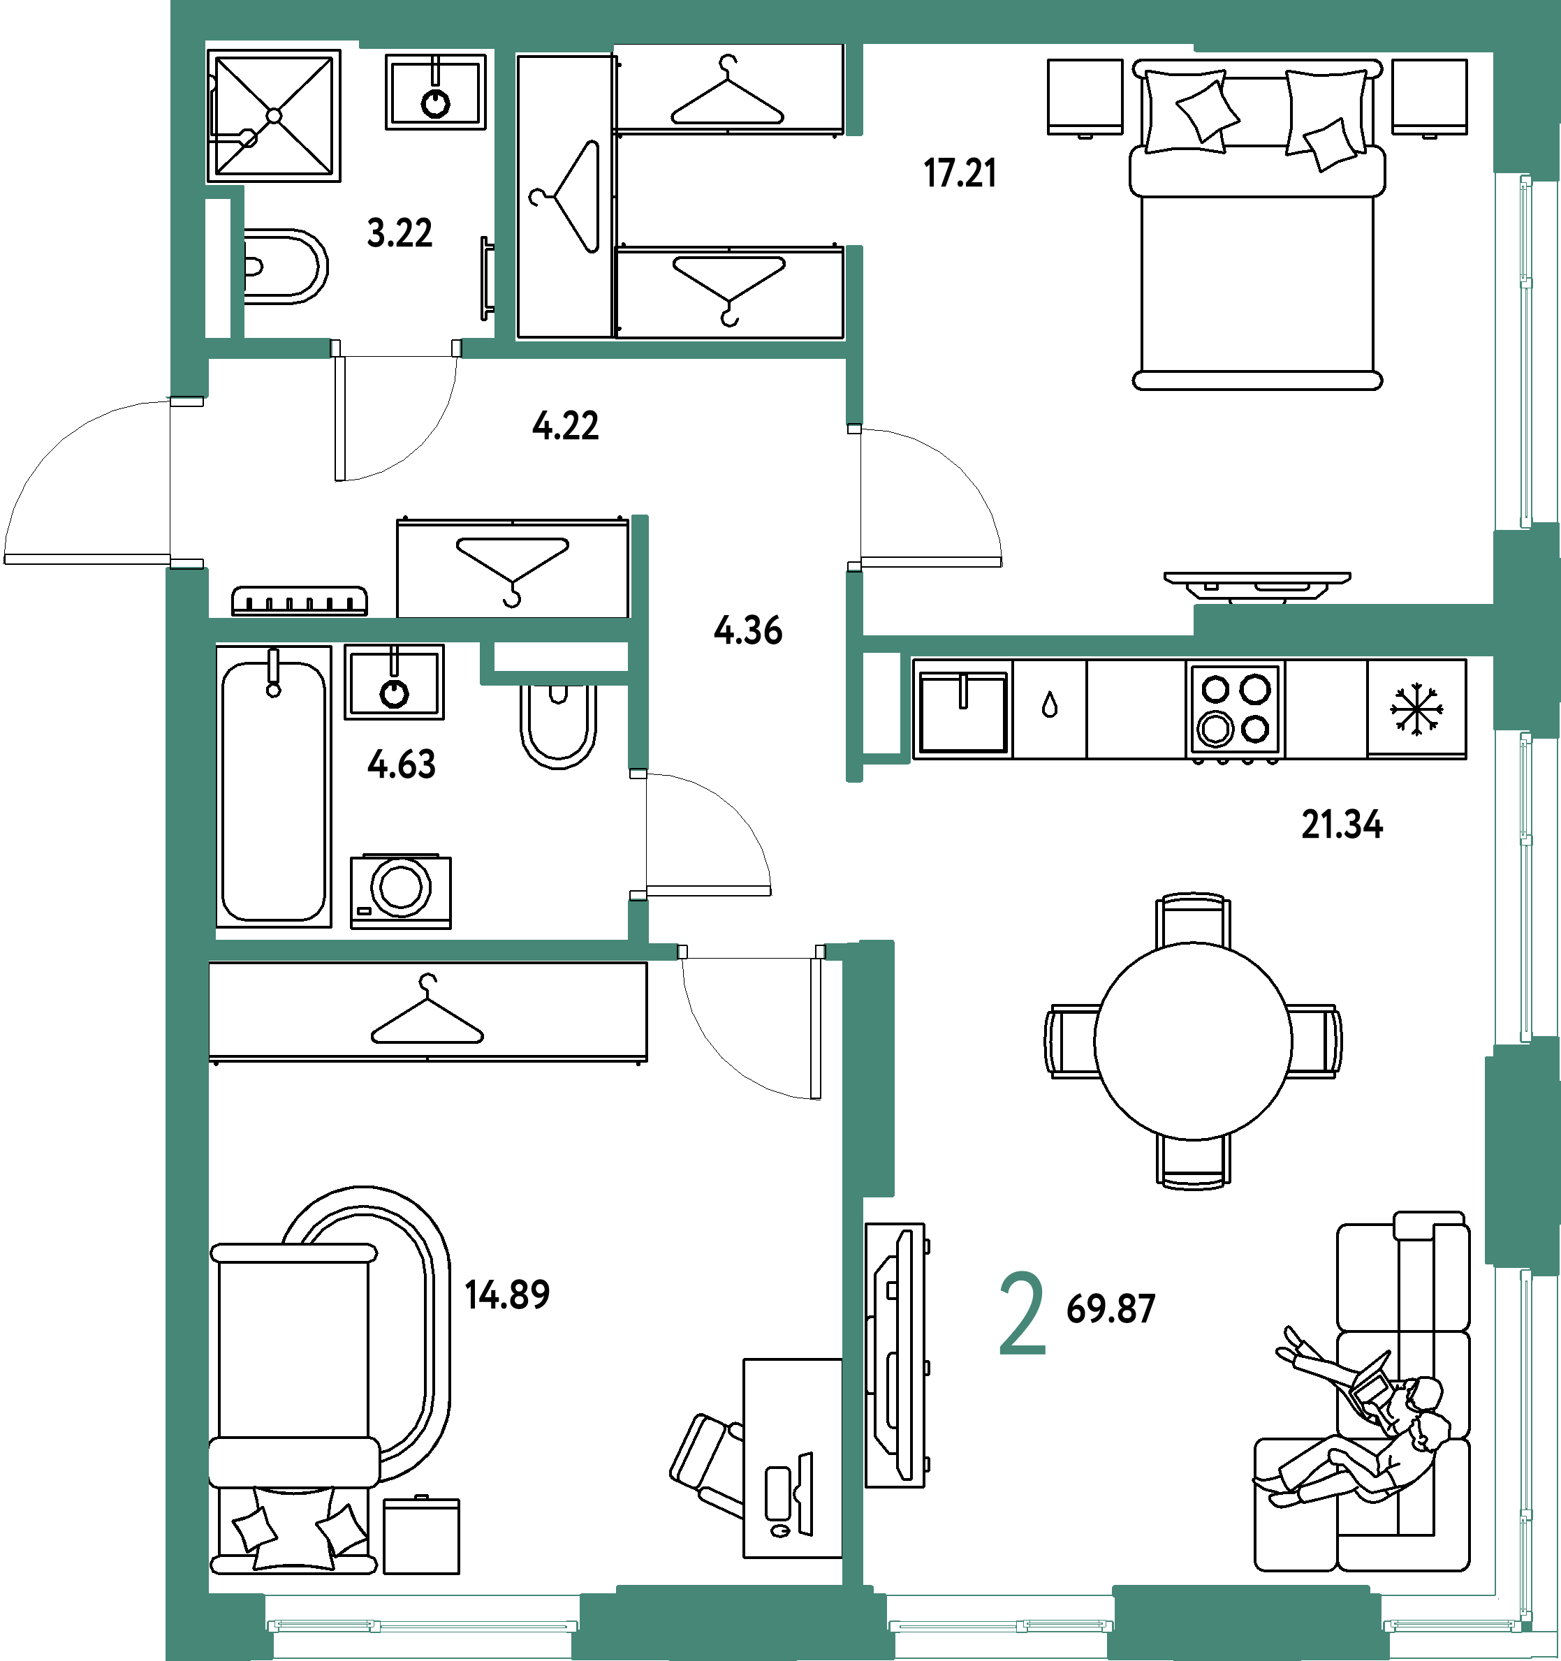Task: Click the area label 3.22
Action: point(400,232)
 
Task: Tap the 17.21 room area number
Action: point(960,173)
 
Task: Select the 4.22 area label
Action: point(565,425)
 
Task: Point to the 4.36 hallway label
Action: point(748,629)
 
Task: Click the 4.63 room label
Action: point(401,764)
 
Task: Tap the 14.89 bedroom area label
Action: point(507,1294)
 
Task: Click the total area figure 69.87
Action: point(1111,1308)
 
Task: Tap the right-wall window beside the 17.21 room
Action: point(1526,351)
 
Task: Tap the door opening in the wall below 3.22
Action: point(396,348)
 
